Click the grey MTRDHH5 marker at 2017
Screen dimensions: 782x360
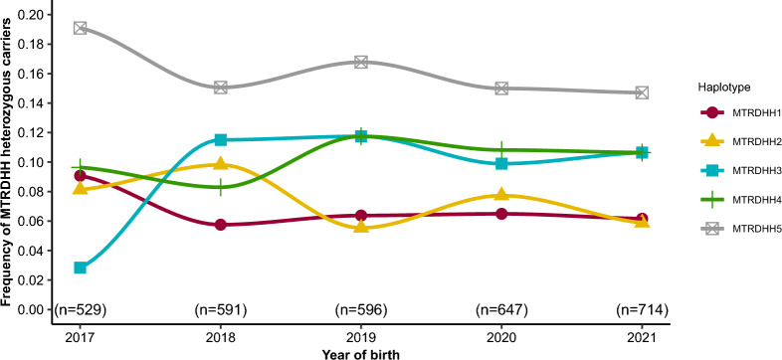[81, 28]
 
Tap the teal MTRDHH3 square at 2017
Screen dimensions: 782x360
[81, 268]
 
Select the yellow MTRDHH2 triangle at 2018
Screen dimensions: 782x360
[221, 163]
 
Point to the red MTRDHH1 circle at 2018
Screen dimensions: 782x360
[221, 225]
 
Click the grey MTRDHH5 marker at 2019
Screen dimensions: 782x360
[361, 62]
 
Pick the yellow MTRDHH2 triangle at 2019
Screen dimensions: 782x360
[361, 227]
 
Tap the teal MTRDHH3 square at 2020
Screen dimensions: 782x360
[501, 163]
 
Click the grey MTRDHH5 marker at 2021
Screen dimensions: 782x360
[642, 92]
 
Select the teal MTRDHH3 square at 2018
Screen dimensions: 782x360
[221, 139]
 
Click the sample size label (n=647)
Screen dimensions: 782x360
[501, 309]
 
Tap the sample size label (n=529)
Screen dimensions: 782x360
[81, 309]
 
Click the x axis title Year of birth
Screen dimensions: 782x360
[361, 354]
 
